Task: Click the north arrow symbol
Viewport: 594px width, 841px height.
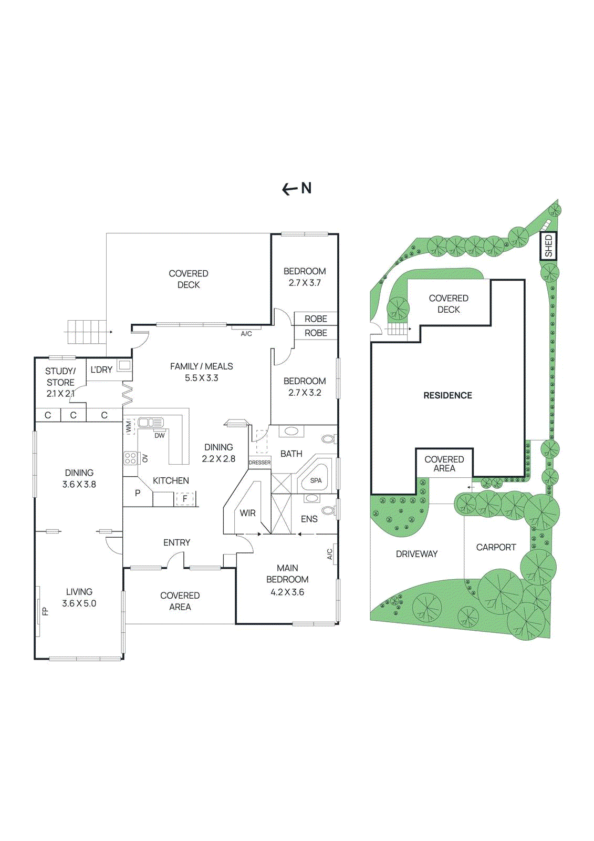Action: click(297, 188)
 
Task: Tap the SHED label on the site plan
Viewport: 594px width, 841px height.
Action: click(548, 246)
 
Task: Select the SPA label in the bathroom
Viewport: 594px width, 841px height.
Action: click(316, 480)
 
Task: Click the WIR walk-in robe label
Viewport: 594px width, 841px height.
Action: click(247, 513)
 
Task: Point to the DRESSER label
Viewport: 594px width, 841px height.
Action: click(259, 463)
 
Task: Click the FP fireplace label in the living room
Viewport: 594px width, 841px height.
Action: click(45, 611)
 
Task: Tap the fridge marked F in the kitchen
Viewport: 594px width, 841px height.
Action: click(185, 498)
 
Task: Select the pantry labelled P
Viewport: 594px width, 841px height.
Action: click(138, 493)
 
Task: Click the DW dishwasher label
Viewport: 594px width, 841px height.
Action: click(160, 435)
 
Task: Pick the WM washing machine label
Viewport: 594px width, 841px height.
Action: click(129, 426)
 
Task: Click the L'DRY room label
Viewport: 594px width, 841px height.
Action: click(101, 370)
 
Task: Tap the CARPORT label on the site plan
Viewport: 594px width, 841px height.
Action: click(496, 547)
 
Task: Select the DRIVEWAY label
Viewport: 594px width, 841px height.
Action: click(416, 553)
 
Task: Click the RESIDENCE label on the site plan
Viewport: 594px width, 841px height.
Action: click(447, 395)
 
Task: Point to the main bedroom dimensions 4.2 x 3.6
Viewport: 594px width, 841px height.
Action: click(287, 592)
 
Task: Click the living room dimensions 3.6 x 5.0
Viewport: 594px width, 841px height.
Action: click(79, 603)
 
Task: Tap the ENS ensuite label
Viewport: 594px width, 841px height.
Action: click(309, 519)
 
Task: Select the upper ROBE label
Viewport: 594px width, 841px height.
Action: click(316, 319)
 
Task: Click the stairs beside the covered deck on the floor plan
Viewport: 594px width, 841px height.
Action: click(87, 332)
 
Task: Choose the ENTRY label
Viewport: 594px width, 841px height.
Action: click(176, 542)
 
